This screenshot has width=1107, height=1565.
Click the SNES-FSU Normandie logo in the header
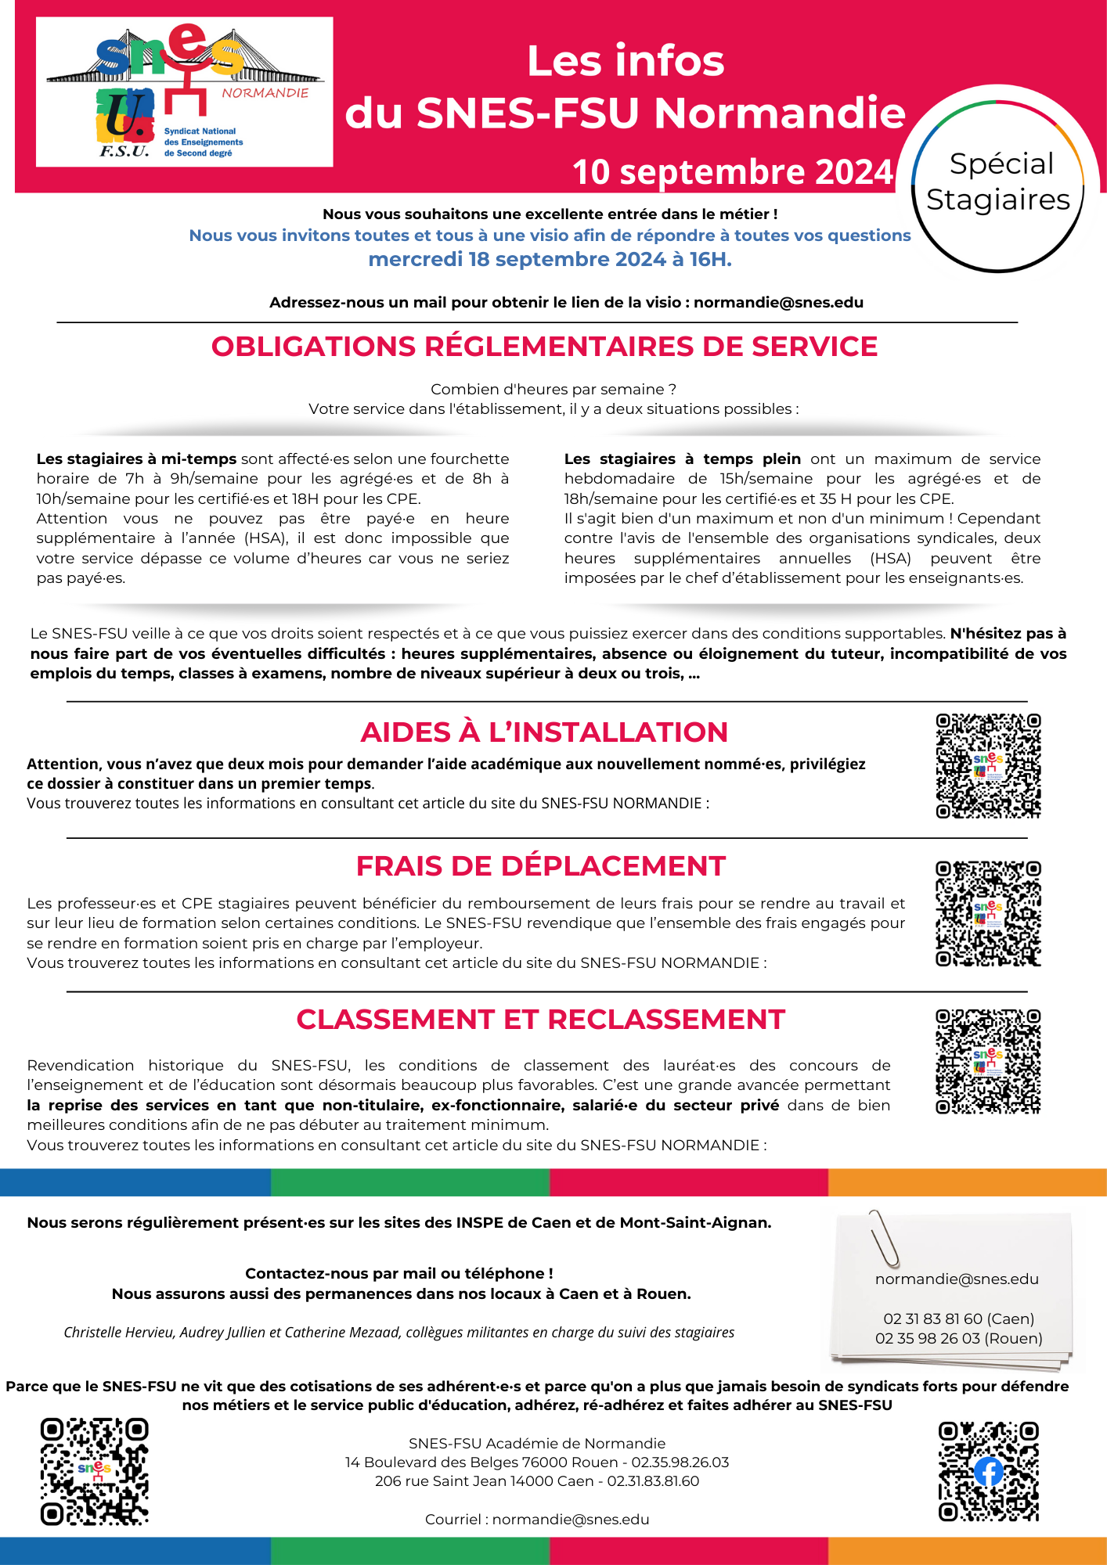pyautogui.click(x=185, y=92)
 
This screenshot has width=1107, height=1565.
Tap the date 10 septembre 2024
pyautogui.click(x=732, y=172)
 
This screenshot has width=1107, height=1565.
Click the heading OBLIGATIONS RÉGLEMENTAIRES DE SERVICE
pyautogui.click(x=544, y=347)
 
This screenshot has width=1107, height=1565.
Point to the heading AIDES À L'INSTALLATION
pyautogui.click(x=544, y=732)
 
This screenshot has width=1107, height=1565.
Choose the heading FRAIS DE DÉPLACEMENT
pyautogui.click(x=541, y=866)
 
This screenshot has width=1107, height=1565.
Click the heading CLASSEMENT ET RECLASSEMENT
pyautogui.click(x=541, y=1020)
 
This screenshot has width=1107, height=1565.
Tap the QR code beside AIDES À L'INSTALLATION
pyautogui.click(x=988, y=766)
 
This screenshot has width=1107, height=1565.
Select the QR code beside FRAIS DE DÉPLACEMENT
pyautogui.click(x=988, y=914)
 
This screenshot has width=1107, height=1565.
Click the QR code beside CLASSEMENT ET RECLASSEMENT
pyautogui.click(x=988, y=1061)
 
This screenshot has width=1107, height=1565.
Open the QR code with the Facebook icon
pyautogui.click(x=988, y=1471)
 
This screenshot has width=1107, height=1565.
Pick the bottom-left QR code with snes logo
pyautogui.click(x=95, y=1471)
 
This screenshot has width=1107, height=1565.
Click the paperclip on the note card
pyautogui.click(x=884, y=1238)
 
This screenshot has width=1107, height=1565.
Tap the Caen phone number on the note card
pyautogui.click(x=958, y=1319)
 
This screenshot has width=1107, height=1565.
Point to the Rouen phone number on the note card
pyautogui.click(x=958, y=1339)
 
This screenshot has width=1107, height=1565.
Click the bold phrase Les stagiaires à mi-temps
pyautogui.click(x=136, y=459)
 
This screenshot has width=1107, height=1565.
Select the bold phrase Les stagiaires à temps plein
pyautogui.click(x=682, y=459)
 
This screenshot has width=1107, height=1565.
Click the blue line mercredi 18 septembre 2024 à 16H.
pyautogui.click(x=550, y=260)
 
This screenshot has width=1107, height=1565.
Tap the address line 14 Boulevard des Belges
pyautogui.click(x=536, y=1462)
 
